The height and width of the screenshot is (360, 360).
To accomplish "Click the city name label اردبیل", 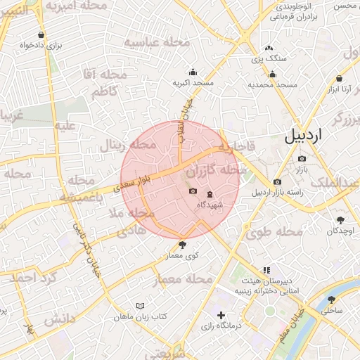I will tap(313, 136).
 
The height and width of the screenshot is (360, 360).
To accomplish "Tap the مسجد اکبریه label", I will tap(193, 83).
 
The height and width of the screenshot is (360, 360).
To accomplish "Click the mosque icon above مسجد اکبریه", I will tap(193, 72).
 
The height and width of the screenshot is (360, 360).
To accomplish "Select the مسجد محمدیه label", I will tap(271, 84).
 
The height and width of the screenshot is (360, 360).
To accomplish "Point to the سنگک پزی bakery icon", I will tap(269, 49).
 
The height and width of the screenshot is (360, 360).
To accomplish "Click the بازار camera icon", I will tap(302, 159).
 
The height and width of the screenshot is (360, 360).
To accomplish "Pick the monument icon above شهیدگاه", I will tap(210, 194).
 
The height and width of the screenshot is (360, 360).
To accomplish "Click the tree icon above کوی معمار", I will tap(184, 245).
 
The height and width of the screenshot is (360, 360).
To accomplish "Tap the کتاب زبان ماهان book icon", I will tap(142, 306).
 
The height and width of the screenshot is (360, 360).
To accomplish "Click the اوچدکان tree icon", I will tap(341, 220).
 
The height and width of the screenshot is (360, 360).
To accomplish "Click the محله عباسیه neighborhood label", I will tap(157, 41).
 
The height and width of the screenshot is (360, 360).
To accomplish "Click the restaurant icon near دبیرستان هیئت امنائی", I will tap(266, 270).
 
